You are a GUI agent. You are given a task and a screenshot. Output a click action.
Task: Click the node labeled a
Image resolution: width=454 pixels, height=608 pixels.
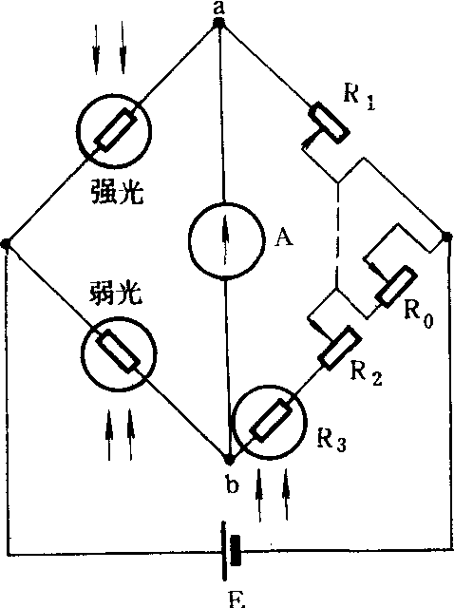219,23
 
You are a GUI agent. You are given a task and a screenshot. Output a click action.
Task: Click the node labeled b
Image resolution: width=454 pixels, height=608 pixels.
230,460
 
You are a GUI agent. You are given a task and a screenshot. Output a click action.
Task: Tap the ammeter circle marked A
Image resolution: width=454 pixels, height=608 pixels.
226,240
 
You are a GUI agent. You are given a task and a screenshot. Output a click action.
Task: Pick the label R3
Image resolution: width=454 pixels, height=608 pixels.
331,440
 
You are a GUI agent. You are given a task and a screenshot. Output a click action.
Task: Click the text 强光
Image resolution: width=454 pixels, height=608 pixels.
117,191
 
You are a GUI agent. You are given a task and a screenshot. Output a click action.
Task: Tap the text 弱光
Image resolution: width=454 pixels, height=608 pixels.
116,293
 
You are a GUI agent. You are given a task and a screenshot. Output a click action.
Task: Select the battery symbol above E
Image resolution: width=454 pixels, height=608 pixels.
231,551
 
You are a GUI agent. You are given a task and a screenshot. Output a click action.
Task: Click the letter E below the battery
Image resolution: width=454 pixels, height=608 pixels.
236,599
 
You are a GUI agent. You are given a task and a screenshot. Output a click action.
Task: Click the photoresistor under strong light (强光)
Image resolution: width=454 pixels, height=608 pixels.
114,131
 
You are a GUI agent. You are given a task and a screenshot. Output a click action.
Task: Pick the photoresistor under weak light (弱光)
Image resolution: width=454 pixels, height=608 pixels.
119,353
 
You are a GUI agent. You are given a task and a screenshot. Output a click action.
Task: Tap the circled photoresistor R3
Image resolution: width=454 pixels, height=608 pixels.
270,422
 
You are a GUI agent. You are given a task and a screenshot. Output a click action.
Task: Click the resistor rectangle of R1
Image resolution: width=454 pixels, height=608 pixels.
329,122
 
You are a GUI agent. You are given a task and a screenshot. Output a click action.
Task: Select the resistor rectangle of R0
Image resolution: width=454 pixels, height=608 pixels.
396,286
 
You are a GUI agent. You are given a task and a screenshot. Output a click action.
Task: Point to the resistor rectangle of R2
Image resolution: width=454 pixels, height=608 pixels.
339,349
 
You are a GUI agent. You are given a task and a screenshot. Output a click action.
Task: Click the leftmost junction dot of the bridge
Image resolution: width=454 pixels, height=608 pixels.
6,243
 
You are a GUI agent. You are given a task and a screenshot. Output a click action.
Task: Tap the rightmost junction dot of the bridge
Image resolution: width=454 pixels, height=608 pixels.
447,236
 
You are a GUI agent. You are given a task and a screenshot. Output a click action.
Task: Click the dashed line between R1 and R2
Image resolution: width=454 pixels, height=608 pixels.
338,236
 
